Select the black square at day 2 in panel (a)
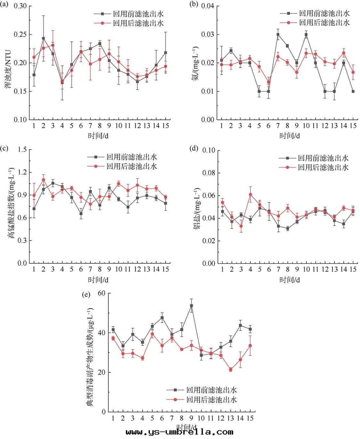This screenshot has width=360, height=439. (43, 38)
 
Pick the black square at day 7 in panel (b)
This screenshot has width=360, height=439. (278, 35)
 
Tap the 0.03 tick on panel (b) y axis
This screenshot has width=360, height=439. (209, 35)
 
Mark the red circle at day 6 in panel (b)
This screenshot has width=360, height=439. (268, 82)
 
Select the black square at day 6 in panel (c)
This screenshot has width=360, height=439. (81, 213)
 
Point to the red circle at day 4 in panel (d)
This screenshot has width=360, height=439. (250, 194)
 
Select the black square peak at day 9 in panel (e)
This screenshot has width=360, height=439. (191, 306)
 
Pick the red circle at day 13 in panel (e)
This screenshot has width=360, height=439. (230, 369)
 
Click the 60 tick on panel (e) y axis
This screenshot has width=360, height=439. (103, 293)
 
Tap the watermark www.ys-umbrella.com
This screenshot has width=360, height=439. (179, 432)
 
